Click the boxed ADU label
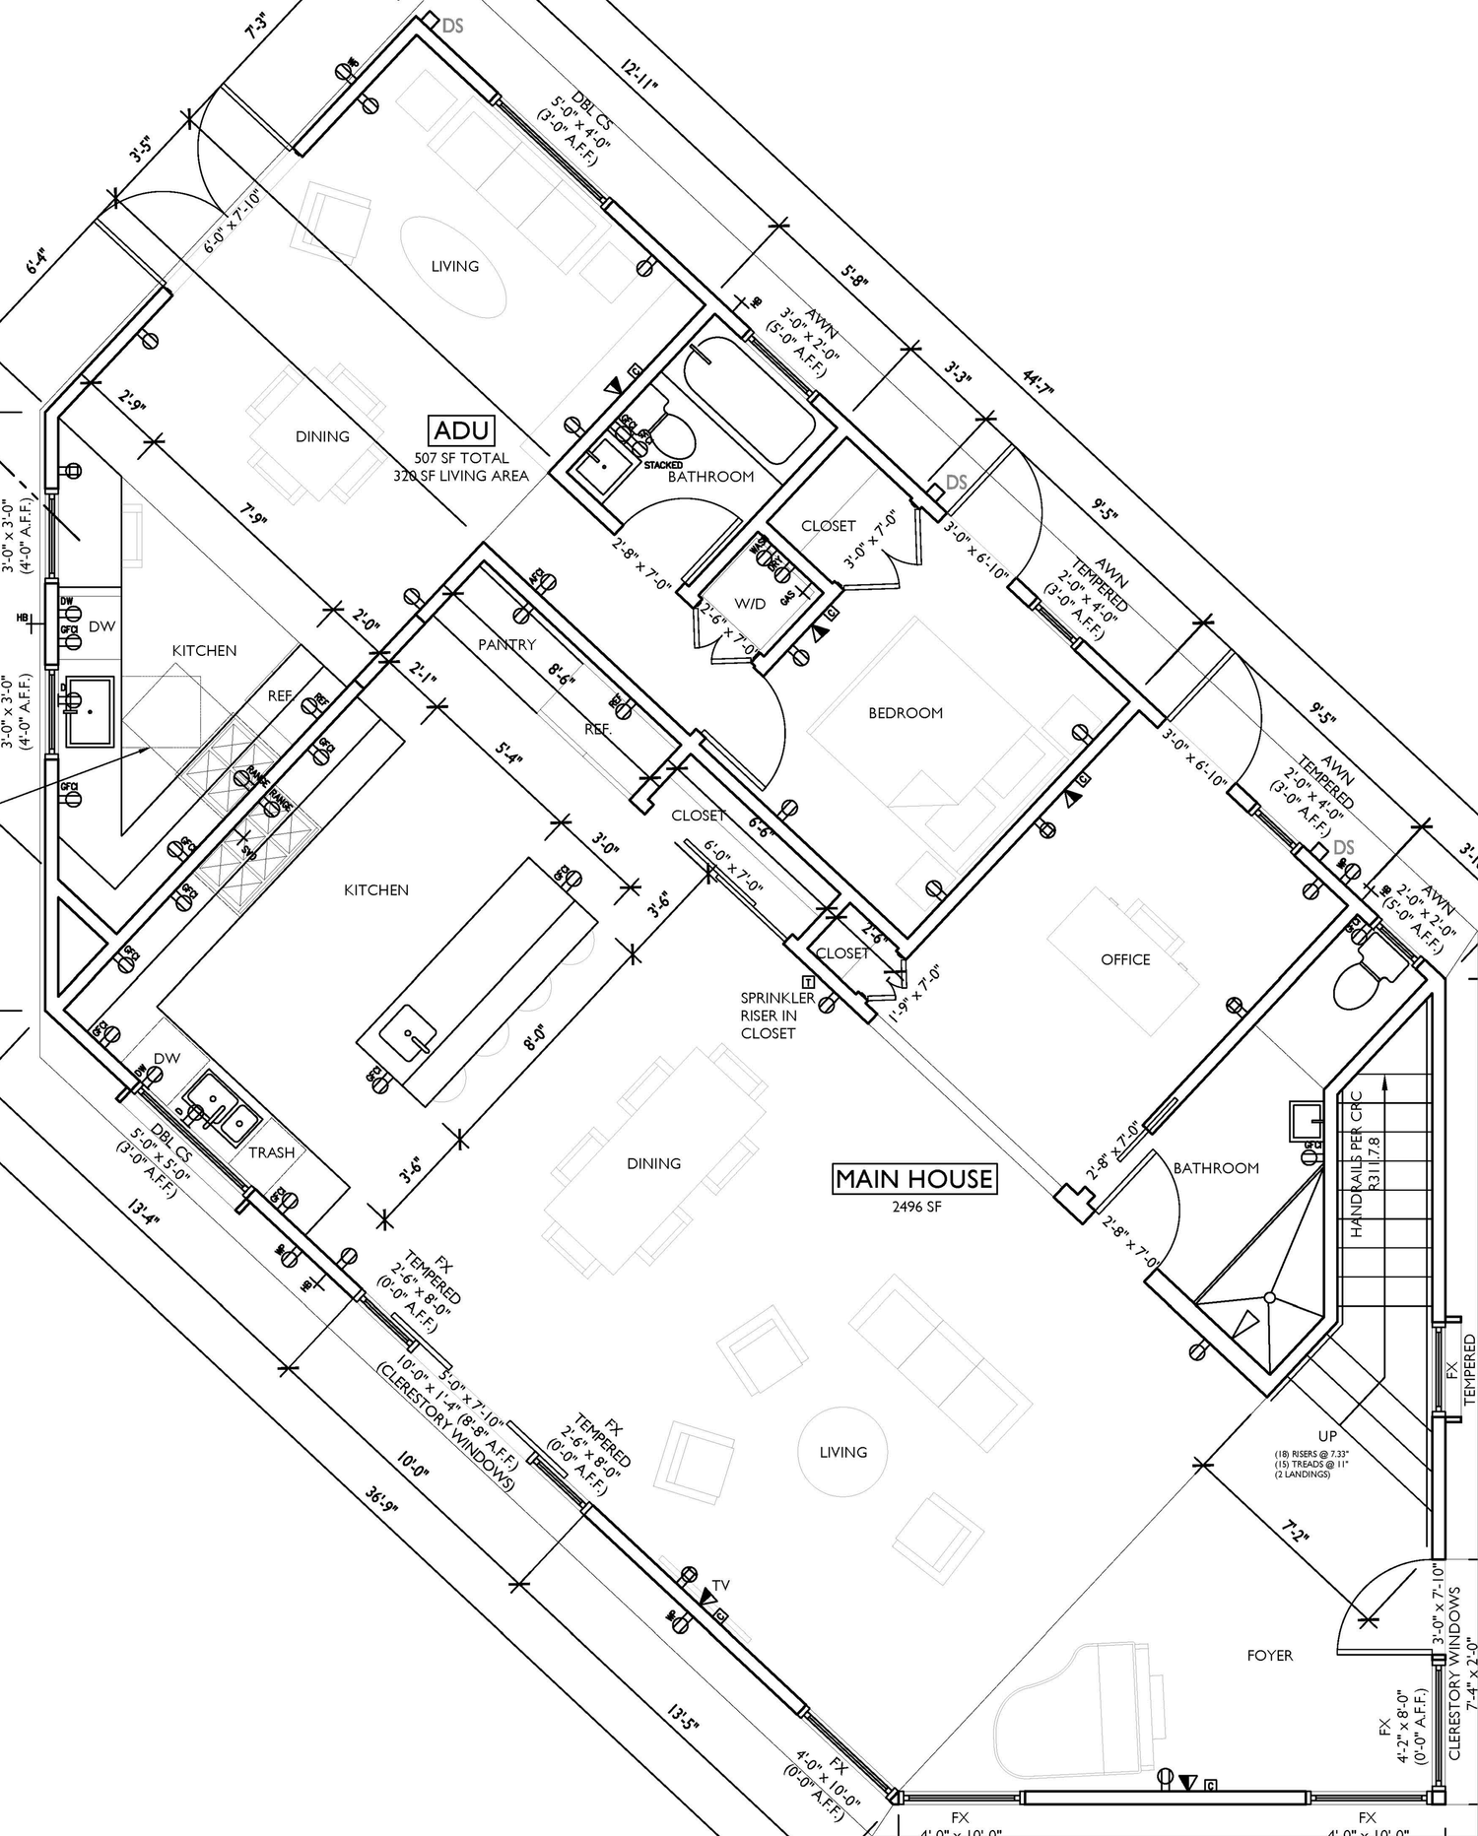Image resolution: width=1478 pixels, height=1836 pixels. [462, 430]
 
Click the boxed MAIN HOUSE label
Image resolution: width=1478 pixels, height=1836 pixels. [915, 1179]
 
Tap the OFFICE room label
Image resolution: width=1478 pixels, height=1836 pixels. [1125, 959]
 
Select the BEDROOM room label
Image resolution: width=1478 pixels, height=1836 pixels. [905, 712]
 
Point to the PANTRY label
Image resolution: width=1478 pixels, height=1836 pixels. [506, 644]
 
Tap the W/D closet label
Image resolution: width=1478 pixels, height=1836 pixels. [750, 604]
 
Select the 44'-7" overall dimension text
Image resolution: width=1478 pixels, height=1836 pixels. [1038, 383]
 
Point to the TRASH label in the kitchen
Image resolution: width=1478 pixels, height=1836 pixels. [271, 1152]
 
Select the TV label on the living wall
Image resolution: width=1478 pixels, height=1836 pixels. [721, 1585]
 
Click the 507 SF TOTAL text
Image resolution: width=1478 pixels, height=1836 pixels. [461, 458]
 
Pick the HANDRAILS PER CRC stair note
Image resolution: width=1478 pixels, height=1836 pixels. [1357, 1162]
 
